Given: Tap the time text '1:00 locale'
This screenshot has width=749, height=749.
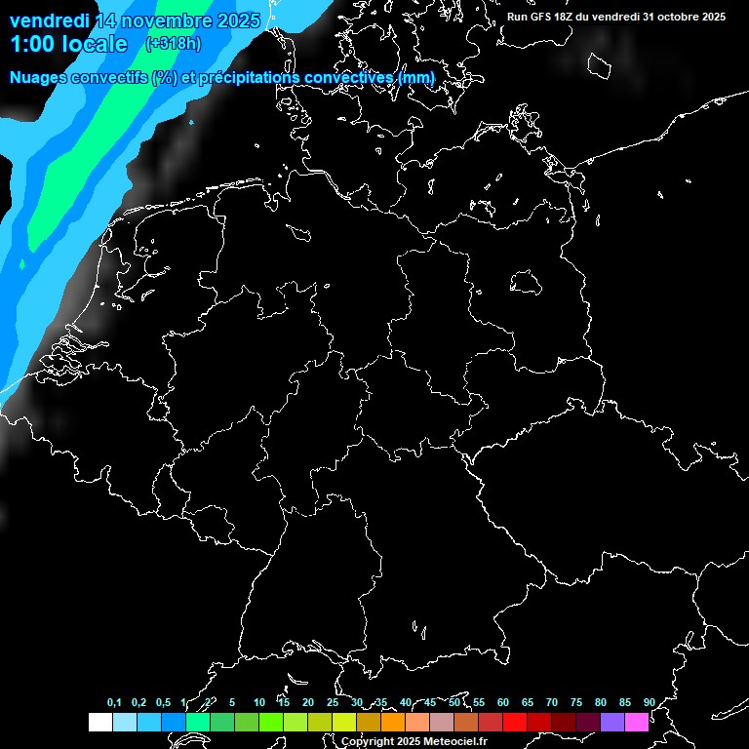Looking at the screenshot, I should tap(68, 45).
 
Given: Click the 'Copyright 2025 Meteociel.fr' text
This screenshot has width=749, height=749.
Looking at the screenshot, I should tap(414, 741).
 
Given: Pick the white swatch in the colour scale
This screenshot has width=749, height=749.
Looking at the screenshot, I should tap(99, 722).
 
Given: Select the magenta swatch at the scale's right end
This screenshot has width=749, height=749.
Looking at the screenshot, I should tap(637, 722).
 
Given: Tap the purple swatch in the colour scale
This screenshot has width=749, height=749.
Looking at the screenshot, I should tap(612, 722).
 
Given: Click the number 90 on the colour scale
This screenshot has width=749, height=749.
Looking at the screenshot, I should tap(649, 702).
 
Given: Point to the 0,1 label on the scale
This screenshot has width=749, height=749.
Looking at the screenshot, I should tap(114, 702).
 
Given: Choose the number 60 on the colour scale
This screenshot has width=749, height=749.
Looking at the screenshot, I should tap(502, 702).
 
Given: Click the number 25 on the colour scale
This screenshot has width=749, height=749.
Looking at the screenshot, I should tap(332, 702).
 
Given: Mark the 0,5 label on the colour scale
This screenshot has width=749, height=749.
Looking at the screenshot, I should tap(163, 702).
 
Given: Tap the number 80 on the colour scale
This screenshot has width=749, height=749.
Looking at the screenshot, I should tap(600, 702).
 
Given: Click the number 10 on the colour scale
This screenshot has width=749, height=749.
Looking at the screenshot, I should tap(258, 702).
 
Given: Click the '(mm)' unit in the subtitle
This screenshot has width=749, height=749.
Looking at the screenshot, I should tap(418, 77).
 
